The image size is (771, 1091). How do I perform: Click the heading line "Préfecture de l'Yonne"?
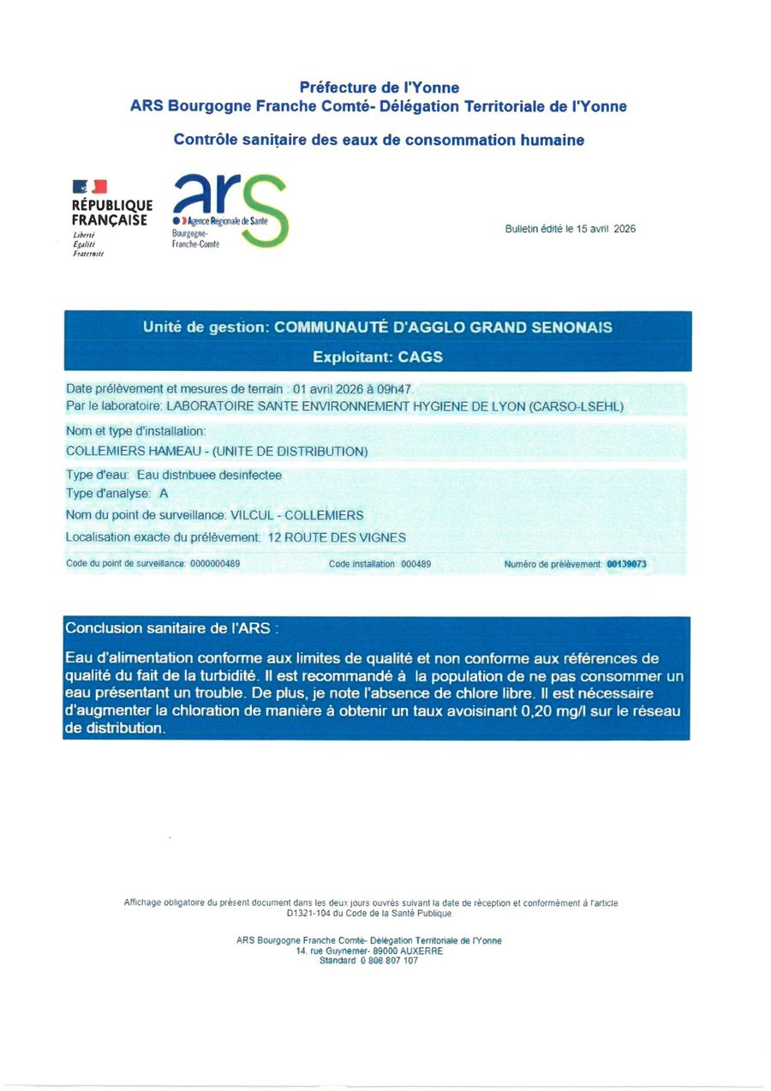[379, 87]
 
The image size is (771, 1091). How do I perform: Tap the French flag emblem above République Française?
[90, 186]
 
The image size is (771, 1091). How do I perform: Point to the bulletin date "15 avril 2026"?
[607, 229]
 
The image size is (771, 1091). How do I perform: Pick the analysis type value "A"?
[164, 494]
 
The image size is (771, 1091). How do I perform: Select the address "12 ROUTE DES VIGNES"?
[337, 537]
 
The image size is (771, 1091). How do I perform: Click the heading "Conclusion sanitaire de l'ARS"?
[171, 628]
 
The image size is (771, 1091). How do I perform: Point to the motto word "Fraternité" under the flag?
[88, 254]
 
